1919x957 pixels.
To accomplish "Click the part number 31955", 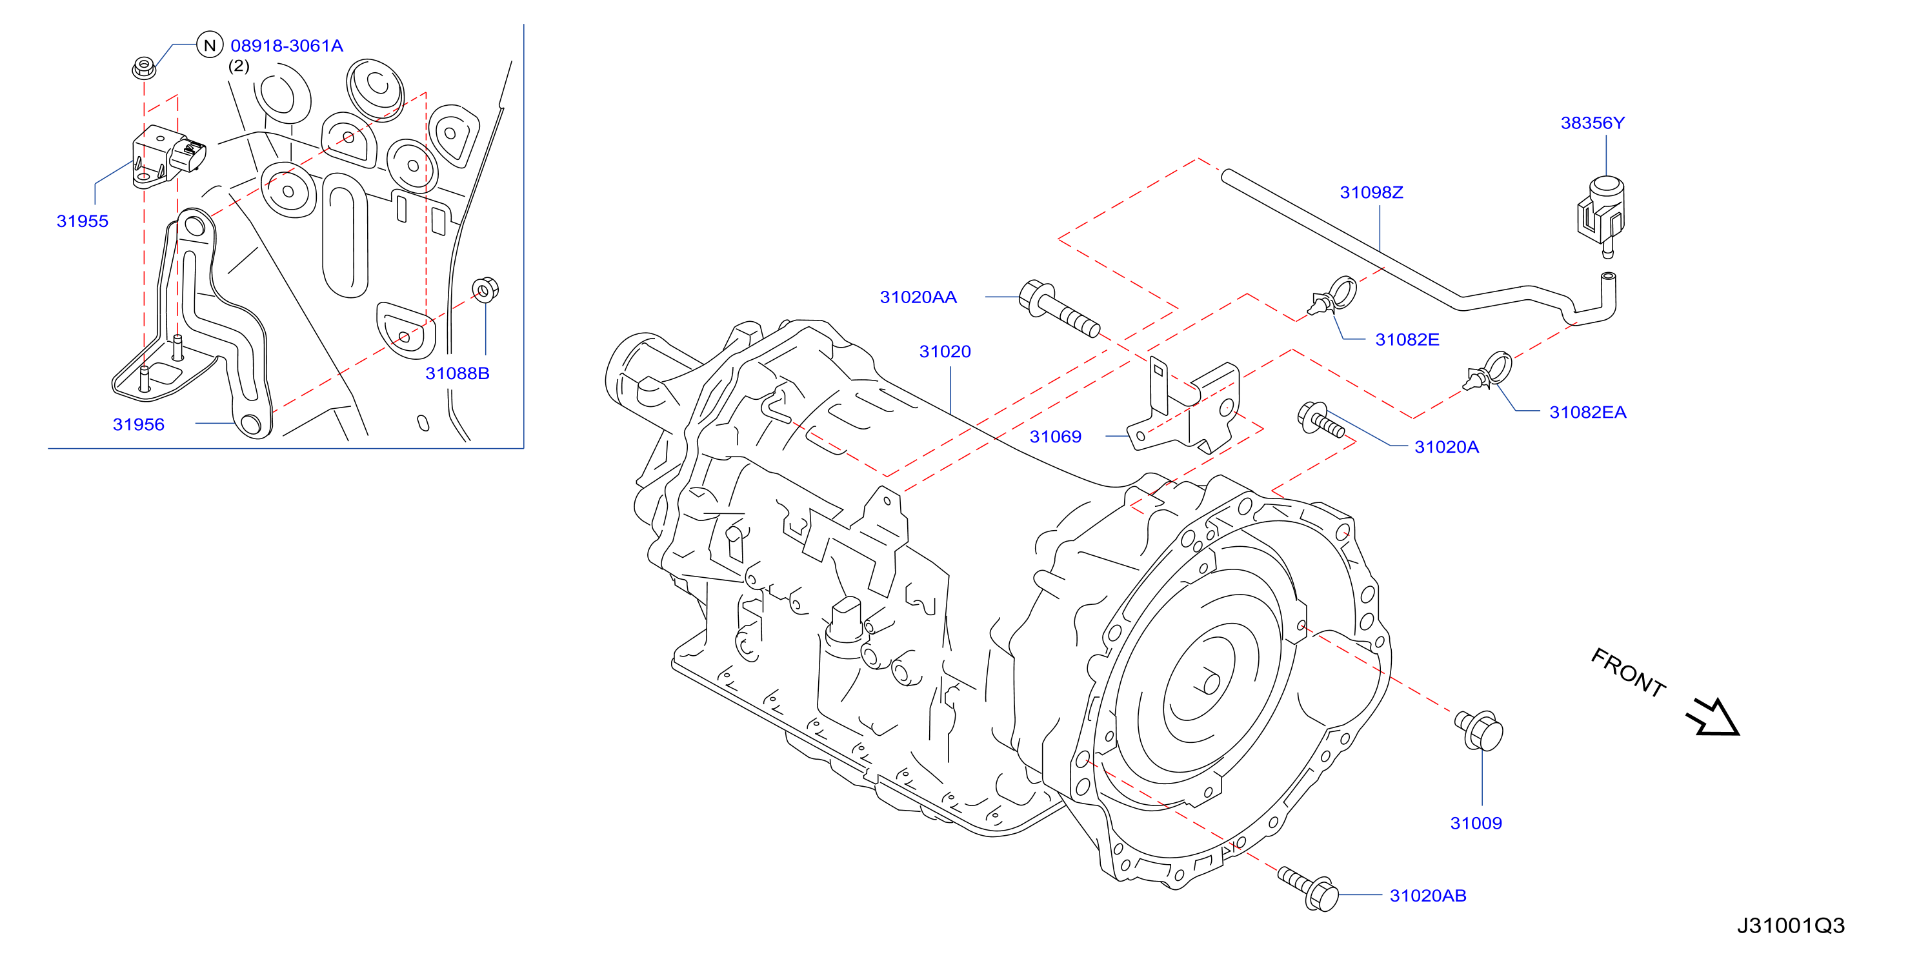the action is [x=83, y=221].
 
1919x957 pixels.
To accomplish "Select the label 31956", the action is [x=139, y=424].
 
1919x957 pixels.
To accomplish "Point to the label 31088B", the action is [x=457, y=373].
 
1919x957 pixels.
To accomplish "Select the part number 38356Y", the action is [x=1592, y=123].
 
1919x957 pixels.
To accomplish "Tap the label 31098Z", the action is [x=1371, y=192].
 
